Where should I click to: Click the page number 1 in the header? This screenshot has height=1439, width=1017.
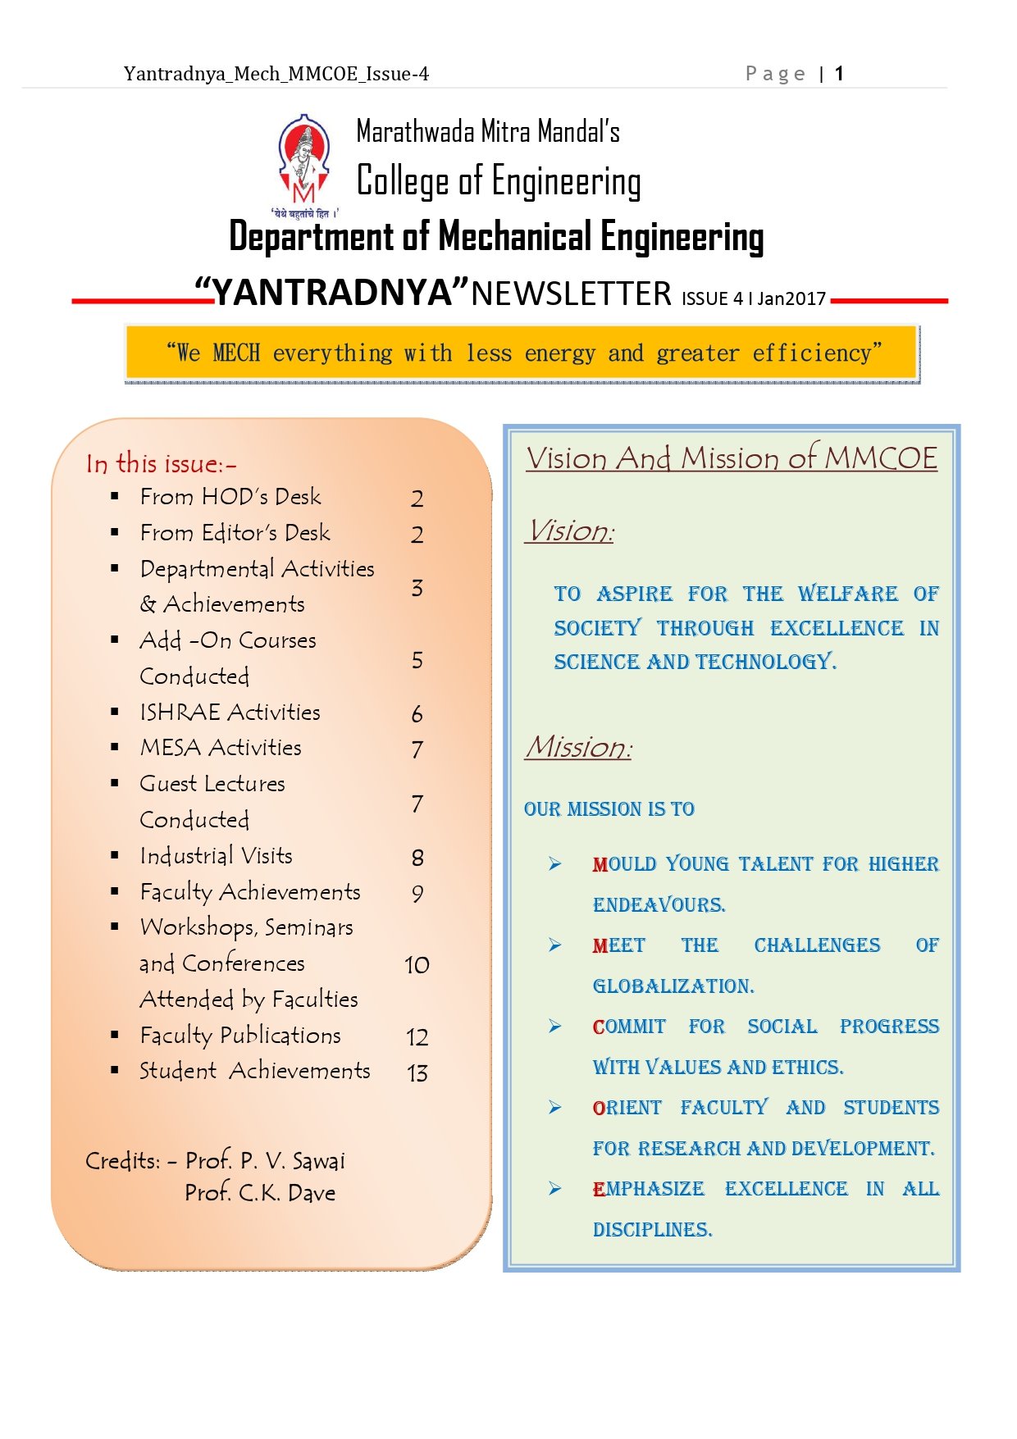pos(839,74)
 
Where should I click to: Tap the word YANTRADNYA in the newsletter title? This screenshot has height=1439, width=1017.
pos(332,293)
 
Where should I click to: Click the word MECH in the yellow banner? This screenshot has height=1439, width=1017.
pos(236,353)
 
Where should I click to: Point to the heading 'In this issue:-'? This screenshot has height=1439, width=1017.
pos(161,464)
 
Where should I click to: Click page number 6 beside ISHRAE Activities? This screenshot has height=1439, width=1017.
pos(417,714)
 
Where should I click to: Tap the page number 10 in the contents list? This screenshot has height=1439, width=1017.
pos(417,965)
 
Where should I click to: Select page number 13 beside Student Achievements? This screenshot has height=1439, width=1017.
pos(417,1073)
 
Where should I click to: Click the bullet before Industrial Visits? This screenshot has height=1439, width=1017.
pos(115,855)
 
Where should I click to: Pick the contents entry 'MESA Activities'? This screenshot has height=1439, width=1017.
pos(221,748)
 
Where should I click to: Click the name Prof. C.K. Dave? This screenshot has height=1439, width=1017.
pos(260,1193)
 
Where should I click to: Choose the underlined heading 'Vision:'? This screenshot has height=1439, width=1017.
pos(571,531)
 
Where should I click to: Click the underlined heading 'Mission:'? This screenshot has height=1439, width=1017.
pos(579,747)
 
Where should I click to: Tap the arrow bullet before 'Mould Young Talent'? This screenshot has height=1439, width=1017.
pos(555,864)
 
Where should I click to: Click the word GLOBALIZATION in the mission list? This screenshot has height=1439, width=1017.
pos(673,986)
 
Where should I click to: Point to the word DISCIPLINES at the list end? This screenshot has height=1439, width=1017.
pos(652,1230)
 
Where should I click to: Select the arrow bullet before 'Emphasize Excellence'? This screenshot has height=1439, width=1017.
pos(555,1189)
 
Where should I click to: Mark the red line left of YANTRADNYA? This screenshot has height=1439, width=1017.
pos(139,301)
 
